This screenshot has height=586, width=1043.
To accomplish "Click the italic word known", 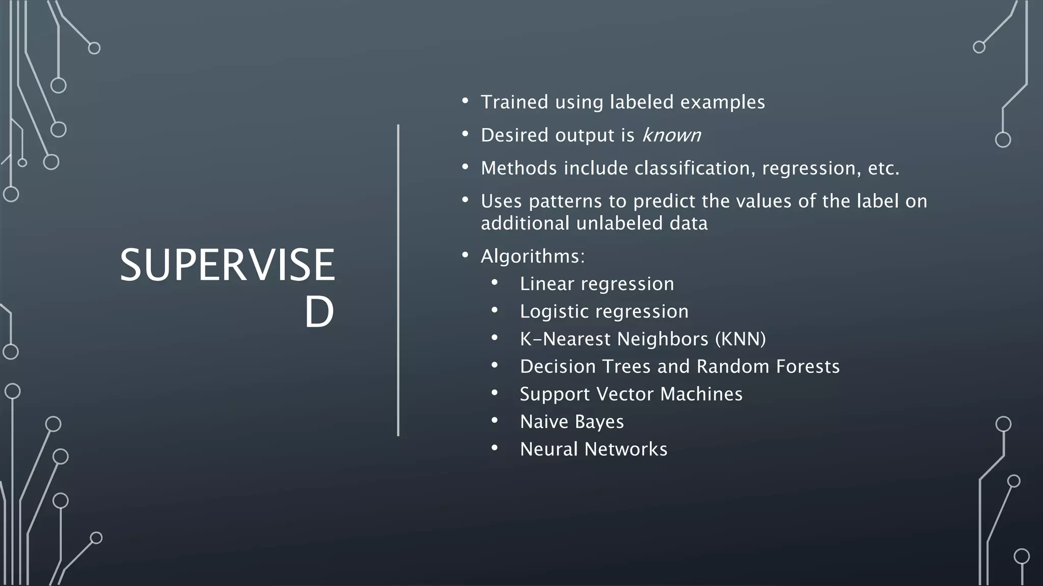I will [671, 135].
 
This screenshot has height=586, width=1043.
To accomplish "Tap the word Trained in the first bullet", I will [514, 102].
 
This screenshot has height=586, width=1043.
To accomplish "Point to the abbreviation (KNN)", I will [740, 339].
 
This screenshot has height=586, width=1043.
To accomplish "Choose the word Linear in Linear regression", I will [546, 284].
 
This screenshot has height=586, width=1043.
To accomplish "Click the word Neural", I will [548, 449].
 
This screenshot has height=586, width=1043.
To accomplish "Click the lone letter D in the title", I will [319, 312].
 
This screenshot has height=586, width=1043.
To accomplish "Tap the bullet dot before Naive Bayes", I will [494, 421].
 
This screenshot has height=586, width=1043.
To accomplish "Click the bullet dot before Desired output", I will [465, 134].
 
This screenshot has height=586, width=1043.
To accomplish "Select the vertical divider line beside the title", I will [398, 280].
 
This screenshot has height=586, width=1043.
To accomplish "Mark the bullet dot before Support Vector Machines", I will [494, 393].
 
